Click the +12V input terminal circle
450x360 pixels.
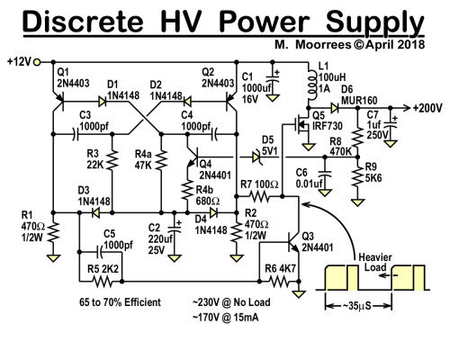[x=37, y=62]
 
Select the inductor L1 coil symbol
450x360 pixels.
[x=310, y=85]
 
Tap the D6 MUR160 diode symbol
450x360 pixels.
[x=335, y=108]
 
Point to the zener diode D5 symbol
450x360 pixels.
[x=256, y=157]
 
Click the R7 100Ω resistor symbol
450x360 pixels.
[x=260, y=196]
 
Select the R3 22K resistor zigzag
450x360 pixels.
[x=112, y=159]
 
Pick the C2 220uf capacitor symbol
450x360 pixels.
[x=174, y=228]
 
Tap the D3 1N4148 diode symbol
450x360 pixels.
[x=96, y=213]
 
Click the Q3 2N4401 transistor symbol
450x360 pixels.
[x=292, y=241]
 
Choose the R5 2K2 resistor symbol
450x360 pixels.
[x=102, y=282]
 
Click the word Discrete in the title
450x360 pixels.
[x=83, y=22]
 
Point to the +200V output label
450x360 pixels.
[x=427, y=108]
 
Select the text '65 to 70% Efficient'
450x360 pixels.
[x=120, y=302]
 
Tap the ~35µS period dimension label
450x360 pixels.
[x=356, y=306]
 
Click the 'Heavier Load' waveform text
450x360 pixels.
[x=375, y=262]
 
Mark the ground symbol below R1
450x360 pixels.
[x=53, y=258]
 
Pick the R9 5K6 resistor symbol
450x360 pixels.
[x=357, y=177]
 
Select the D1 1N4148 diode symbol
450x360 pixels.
[x=103, y=102]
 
